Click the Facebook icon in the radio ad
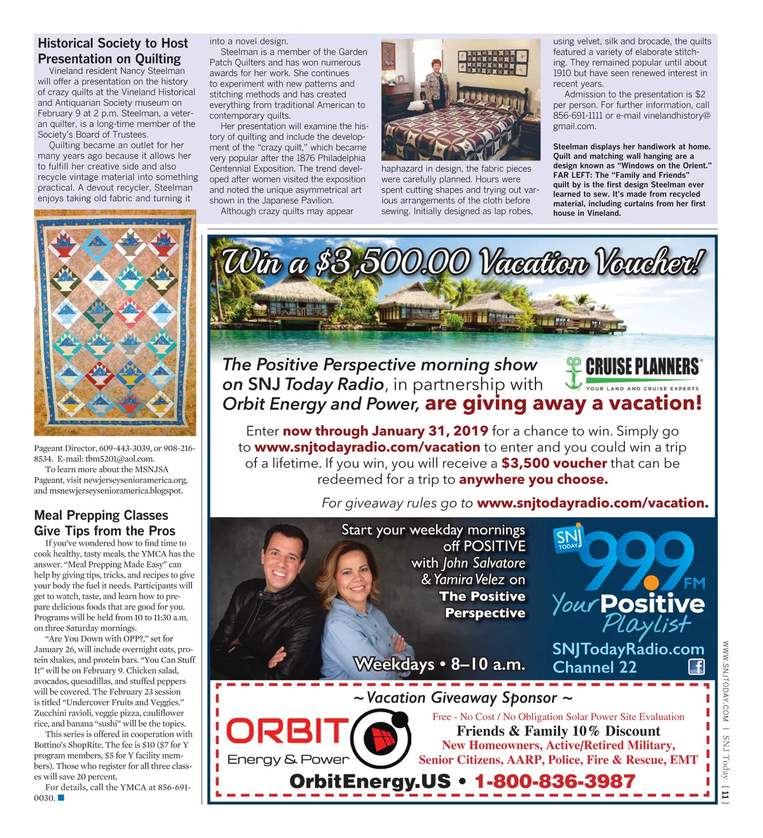click(696, 666)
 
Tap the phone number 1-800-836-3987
click(554, 781)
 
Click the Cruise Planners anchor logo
click(574, 373)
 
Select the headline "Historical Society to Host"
click(113, 43)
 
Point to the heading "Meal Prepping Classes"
click(101, 515)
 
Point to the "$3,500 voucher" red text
click(554, 463)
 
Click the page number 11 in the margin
click(725, 794)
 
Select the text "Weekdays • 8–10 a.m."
click(439, 665)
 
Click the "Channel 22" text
click(595, 667)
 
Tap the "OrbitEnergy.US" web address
click(369, 781)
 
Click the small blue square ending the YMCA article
click(61, 797)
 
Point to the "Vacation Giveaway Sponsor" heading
click(463, 698)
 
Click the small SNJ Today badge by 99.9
click(568, 539)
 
